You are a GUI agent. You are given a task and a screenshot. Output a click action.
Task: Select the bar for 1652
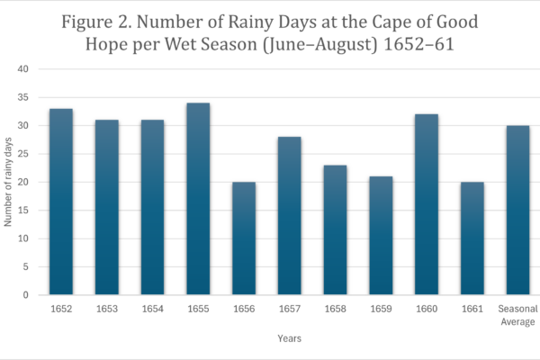coord(61,202)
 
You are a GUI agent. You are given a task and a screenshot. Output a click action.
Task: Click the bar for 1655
coord(198,199)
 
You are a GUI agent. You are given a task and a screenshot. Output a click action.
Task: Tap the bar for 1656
coord(244,238)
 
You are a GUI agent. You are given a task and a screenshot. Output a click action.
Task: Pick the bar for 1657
coord(289,216)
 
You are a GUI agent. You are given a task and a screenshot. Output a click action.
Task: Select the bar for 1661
coord(472,238)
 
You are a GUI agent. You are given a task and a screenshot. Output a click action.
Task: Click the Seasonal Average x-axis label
coord(517,315)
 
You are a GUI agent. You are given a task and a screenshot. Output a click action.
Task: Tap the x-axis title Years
coord(289,338)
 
